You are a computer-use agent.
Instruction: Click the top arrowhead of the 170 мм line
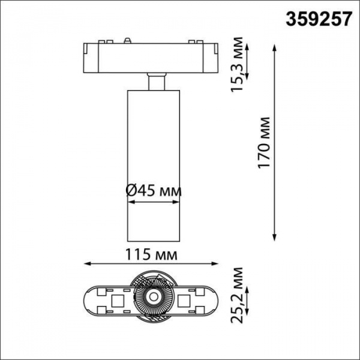tap(275, 43)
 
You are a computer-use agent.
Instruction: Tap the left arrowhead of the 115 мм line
tap(85, 263)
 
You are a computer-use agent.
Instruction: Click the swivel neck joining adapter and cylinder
tap(155, 82)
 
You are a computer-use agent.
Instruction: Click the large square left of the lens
tap(118, 298)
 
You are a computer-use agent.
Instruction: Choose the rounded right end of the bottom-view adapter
tap(219, 298)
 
